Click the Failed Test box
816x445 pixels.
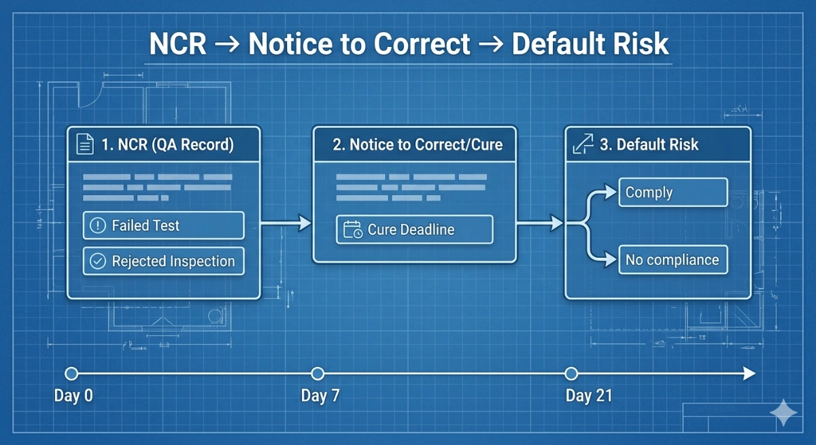[163, 225]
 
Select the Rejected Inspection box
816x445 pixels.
[163, 261]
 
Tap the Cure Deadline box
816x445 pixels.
[414, 229]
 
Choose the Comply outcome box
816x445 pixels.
[673, 193]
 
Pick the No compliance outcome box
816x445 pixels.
[673, 260]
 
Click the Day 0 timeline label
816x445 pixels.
[73, 396]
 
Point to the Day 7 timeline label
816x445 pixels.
[320, 396]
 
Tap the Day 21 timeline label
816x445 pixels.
[589, 396]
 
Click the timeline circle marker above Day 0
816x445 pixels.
[71, 373]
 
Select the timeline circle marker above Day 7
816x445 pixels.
[317, 373]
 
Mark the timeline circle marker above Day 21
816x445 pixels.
[571, 373]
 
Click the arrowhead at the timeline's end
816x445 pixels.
[749, 373]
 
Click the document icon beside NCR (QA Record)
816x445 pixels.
[85, 144]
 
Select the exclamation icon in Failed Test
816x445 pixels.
[99, 226]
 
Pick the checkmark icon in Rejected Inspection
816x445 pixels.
[99, 261]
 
